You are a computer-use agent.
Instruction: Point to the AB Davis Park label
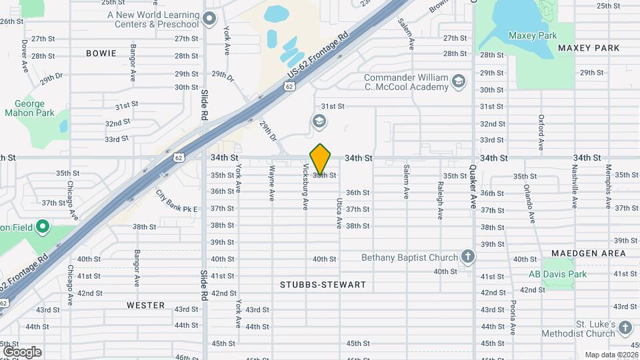click(x=557, y=274)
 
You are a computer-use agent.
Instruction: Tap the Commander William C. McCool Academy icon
click(x=458, y=82)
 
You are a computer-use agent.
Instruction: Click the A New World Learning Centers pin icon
click(x=211, y=18)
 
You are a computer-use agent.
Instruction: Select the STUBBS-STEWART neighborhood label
click(x=323, y=285)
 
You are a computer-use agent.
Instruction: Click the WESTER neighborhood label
click(x=145, y=305)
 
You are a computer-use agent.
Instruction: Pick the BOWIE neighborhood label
click(x=101, y=53)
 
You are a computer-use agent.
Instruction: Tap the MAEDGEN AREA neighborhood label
click(x=589, y=253)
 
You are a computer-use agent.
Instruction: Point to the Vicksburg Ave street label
click(x=306, y=187)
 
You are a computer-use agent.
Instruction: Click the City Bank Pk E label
click(x=177, y=201)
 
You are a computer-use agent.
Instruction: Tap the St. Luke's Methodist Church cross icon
click(x=625, y=327)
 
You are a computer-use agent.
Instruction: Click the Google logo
click(x=22, y=351)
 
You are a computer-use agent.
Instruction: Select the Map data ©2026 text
click(x=611, y=354)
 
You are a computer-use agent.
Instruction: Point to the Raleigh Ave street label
click(x=440, y=201)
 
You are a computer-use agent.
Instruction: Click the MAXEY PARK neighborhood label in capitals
click(x=589, y=48)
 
